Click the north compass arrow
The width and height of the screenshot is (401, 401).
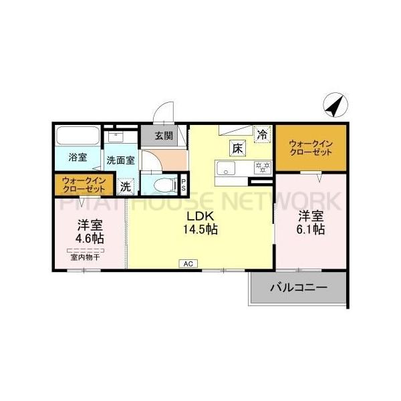(x=335, y=104)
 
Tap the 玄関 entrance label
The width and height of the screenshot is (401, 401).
(x=164, y=136)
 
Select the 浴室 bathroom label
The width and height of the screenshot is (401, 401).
(x=78, y=158)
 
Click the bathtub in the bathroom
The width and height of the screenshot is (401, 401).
(x=78, y=136)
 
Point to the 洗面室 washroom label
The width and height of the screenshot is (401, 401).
(x=120, y=160)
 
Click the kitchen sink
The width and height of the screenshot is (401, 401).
(x=224, y=167)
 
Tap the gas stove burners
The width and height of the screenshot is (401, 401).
(x=261, y=167)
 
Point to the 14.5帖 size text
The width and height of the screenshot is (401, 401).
(x=201, y=229)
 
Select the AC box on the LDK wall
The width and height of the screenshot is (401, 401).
(x=187, y=264)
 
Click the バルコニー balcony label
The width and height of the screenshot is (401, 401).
(x=298, y=289)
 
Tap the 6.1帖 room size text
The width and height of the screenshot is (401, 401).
(x=311, y=229)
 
